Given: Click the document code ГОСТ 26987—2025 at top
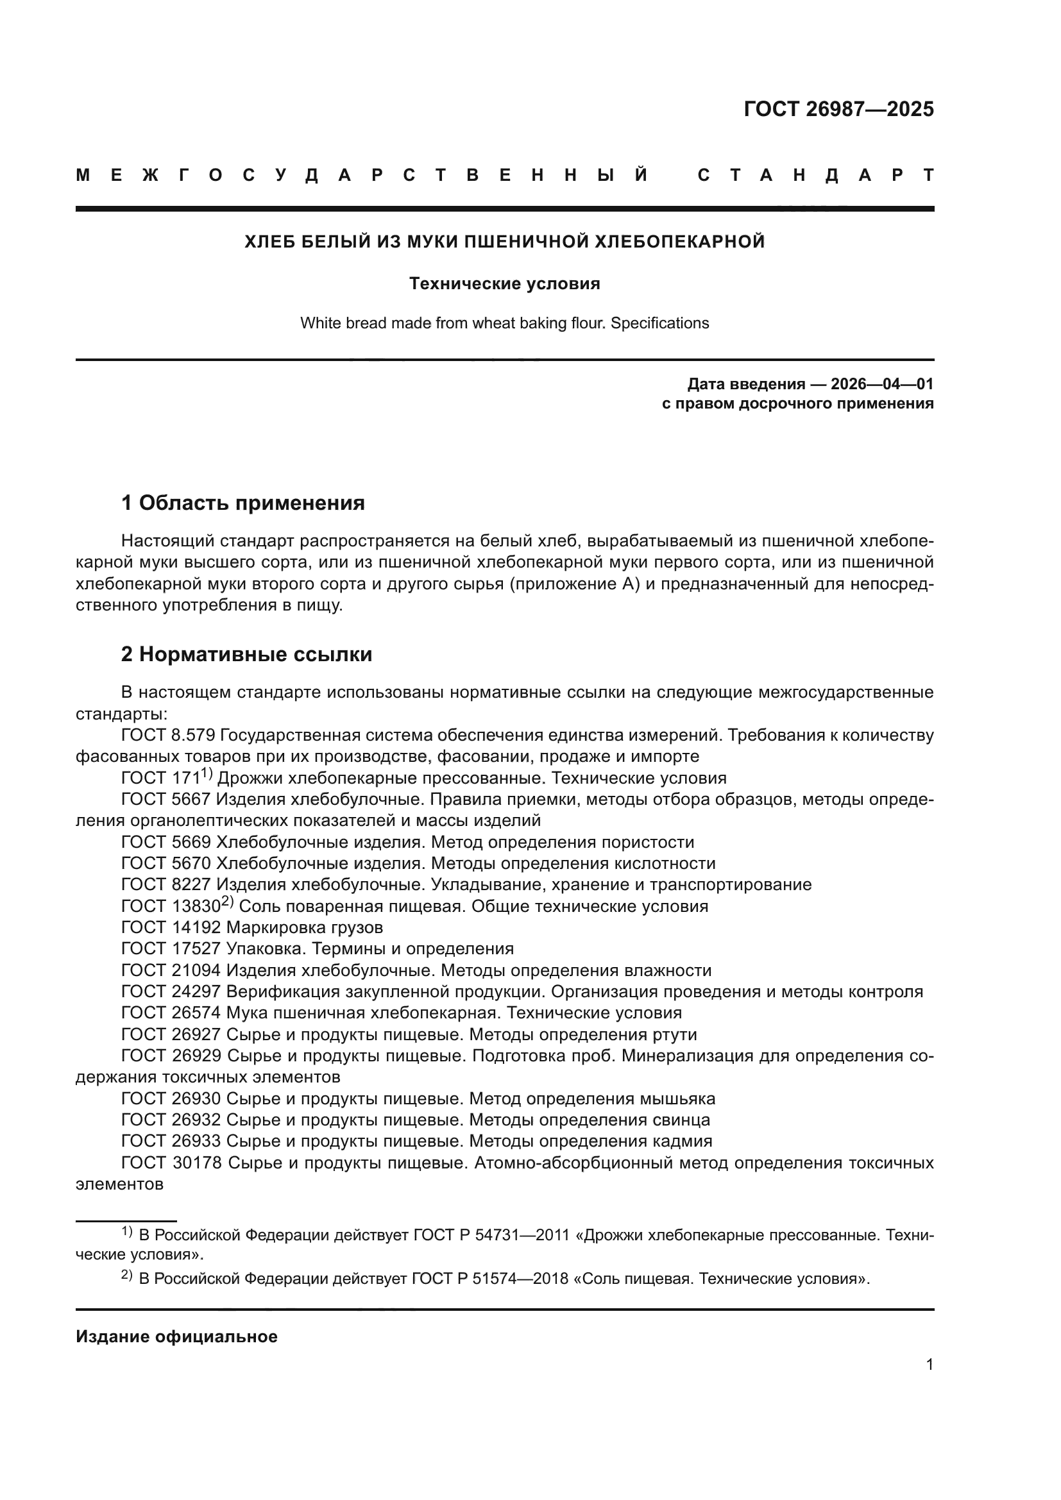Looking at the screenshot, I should [838, 109].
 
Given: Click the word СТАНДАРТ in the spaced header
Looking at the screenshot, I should [815, 176].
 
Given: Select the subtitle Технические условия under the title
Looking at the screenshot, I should [504, 283].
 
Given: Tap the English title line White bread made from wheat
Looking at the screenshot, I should [504, 323].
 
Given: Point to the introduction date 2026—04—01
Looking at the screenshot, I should [882, 383].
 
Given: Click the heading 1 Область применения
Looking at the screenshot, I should [242, 503].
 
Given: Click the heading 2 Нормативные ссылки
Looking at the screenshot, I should [246, 655].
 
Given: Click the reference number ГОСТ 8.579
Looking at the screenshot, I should [168, 736].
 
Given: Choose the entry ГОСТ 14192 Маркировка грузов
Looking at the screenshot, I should [252, 928].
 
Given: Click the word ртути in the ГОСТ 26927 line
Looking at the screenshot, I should [674, 1035].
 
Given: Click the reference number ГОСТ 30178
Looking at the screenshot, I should [172, 1163].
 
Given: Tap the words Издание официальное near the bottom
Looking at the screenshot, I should [176, 1336].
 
